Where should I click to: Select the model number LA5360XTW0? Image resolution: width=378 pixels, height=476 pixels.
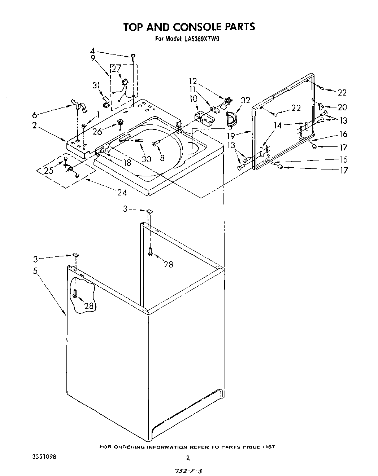click(200, 39)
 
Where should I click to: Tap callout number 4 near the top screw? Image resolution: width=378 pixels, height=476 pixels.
click(92, 51)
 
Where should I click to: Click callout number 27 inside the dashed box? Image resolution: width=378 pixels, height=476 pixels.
click(116, 69)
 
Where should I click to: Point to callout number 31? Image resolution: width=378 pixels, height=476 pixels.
click(96, 85)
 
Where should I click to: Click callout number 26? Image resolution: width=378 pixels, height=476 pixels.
click(97, 132)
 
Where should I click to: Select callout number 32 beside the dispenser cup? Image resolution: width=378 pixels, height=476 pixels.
click(246, 100)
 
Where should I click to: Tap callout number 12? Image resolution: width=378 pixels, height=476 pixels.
click(193, 81)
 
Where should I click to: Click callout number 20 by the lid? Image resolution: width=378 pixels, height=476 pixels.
click(342, 107)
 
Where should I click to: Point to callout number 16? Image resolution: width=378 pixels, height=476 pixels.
click(343, 134)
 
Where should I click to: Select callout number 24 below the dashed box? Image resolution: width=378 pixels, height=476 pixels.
click(122, 192)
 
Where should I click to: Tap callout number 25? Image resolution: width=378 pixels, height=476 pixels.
click(49, 170)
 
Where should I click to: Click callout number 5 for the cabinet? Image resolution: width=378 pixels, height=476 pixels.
click(35, 271)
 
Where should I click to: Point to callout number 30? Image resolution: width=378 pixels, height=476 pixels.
click(146, 159)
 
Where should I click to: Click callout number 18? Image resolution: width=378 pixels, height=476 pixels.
click(127, 163)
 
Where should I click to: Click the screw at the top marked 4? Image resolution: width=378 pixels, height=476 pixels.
click(133, 56)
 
